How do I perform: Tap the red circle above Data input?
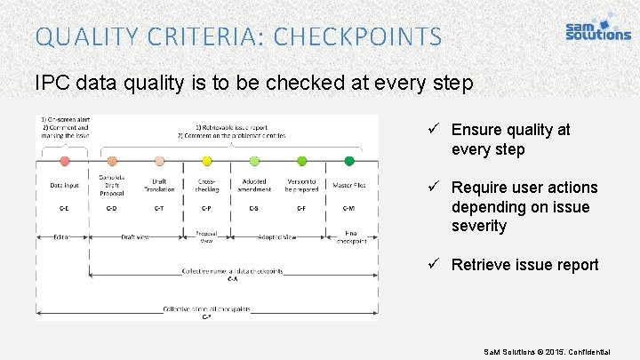click(x=64, y=161)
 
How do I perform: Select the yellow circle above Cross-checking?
click(x=207, y=161)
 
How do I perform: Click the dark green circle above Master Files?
click(x=349, y=161)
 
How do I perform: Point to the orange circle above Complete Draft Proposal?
click(x=112, y=161)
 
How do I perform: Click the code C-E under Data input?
click(x=64, y=208)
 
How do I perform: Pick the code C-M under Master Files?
click(x=349, y=208)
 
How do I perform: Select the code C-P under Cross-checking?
click(x=206, y=208)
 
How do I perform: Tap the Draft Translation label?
click(x=159, y=185)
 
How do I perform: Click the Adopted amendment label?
click(x=254, y=185)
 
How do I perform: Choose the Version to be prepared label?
click(x=301, y=185)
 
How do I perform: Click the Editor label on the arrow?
click(x=61, y=237)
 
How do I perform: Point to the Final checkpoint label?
click(x=349, y=237)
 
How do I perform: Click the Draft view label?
click(x=136, y=237)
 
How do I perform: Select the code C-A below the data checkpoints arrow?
click(x=231, y=278)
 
